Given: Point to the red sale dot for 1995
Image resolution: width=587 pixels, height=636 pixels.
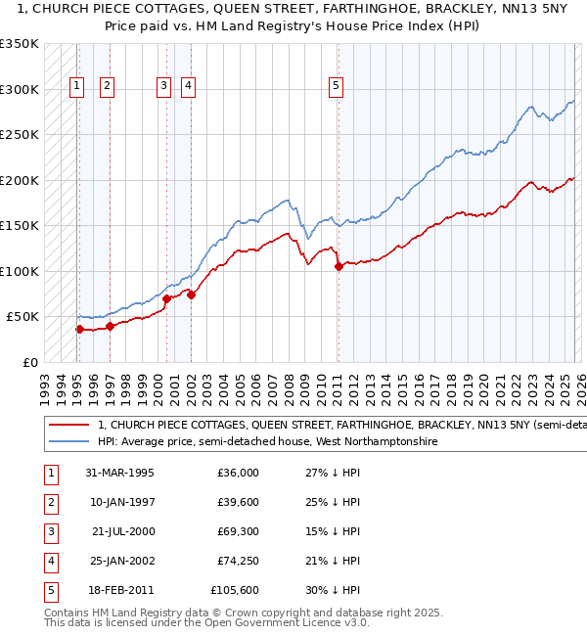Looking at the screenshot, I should tap(79, 329).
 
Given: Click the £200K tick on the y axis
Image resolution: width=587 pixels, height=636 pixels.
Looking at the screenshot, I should tap(20, 180).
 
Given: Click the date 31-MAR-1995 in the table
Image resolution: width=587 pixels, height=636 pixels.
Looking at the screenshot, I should tap(119, 473).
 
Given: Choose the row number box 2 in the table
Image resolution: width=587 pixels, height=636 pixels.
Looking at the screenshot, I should tap(50, 502).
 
